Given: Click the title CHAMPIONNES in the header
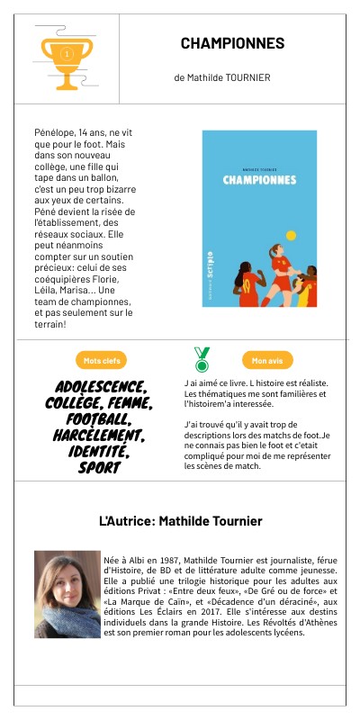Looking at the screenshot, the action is (232, 43).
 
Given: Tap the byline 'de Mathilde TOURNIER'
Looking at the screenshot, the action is (222, 77).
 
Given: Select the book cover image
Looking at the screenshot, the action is (259, 219).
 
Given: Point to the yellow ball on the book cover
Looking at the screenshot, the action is (291, 235).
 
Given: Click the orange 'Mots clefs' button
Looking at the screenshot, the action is (102, 360).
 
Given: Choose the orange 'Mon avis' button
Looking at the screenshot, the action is (267, 360).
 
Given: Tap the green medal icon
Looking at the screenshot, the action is (202, 359).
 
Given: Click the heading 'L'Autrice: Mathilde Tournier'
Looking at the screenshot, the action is (181, 521).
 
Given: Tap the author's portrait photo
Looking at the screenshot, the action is (67, 595).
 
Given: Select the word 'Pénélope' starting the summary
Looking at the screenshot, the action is (52, 132).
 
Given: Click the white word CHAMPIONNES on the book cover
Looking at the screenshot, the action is (259, 179).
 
